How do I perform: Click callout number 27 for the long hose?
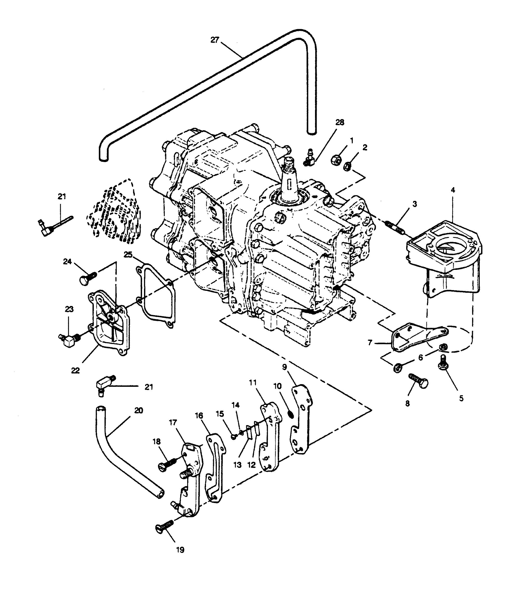(x=215, y=40)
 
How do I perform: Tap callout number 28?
(x=340, y=122)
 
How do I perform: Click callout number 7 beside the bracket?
(x=370, y=343)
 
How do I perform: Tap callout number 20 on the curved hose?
(x=138, y=410)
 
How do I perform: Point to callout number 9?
(x=284, y=367)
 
